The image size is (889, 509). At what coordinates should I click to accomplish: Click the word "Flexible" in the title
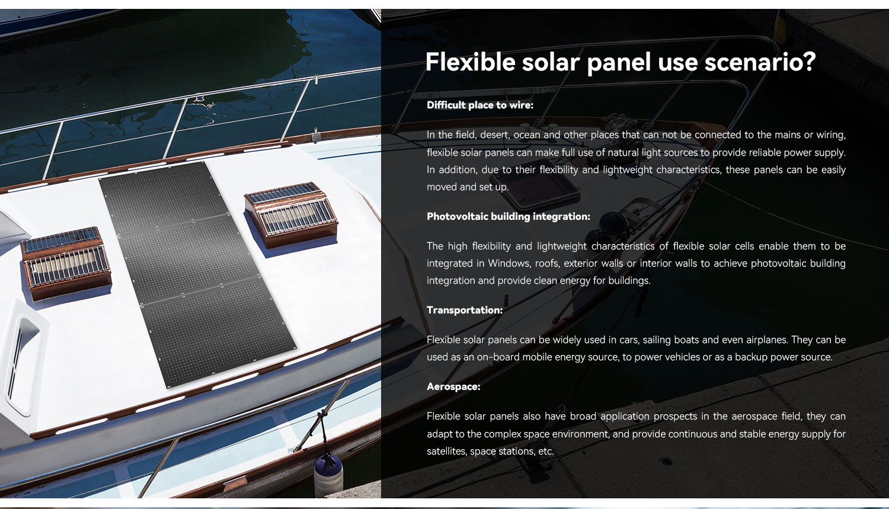(471, 62)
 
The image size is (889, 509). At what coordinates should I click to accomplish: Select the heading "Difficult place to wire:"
(480, 105)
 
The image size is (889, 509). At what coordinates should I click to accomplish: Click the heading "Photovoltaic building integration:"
(509, 216)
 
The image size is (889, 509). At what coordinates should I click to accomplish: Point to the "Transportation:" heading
(465, 310)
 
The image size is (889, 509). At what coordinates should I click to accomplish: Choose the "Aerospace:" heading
(453, 386)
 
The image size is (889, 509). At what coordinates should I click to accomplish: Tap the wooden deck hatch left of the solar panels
(66, 262)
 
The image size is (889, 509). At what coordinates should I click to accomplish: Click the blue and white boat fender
(328, 475)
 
